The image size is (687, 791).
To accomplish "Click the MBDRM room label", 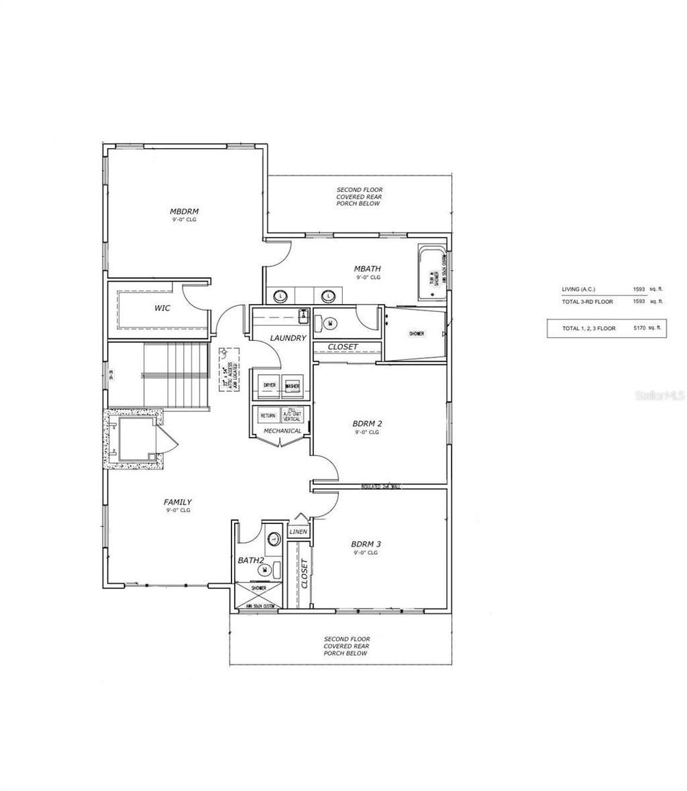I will click(184, 211).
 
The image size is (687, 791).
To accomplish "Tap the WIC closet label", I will click(162, 309).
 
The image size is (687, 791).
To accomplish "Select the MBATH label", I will click(368, 269).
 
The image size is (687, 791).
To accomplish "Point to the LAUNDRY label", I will click(288, 338).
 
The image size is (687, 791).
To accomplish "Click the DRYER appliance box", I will click(270, 386).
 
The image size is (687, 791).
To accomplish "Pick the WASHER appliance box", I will click(292, 386).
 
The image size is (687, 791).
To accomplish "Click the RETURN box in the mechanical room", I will click(268, 416).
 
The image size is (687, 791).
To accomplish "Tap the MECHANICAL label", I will click(282, 431).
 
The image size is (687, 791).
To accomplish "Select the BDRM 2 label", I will click(368, 424).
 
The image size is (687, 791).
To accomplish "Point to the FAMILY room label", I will click(178, 502).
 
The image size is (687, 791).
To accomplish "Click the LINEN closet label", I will click(298, 532).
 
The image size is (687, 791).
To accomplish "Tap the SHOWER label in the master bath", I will click(417, 333).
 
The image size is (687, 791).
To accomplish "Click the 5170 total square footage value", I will click(639, 329).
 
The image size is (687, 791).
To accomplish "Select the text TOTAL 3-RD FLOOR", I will click(588, 302).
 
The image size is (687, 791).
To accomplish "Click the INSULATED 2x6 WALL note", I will click(380, 486).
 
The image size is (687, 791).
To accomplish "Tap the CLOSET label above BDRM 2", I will click(343, 348).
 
